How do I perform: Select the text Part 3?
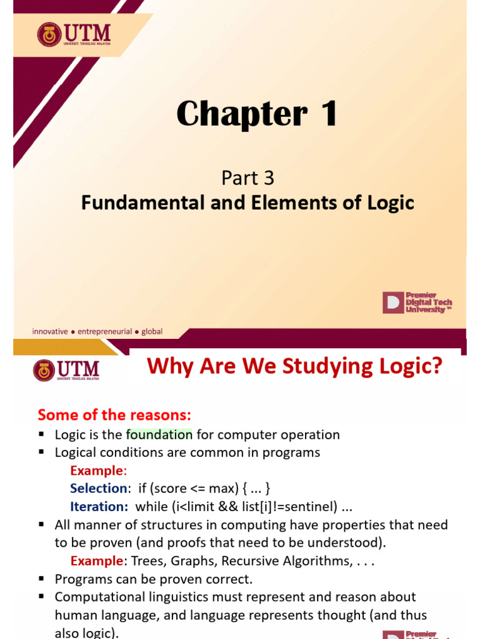pyautogui.click(x=247, y=178)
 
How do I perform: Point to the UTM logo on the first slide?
pyautogui.click(x=74, y=35)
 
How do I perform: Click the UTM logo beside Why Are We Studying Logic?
pyautogui.click(x=66, y=370)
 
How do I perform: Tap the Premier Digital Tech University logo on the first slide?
pyautogui.click(x=417, y=303)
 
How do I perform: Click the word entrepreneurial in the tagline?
pyautogui.click(x=105, y=331)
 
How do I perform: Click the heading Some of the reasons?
pyautogui.click(x=114, y=415)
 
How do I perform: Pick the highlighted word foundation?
pyautogui.click(x=159, y=435)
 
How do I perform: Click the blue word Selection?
pyautogui.click(x=98, y=489)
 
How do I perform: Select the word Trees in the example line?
pyautogui.click(x=152, y=561)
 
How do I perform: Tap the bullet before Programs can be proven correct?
pyautogui.click(x=41, y=579)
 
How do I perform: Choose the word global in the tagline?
pyautogui.click(x=152, y=331)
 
